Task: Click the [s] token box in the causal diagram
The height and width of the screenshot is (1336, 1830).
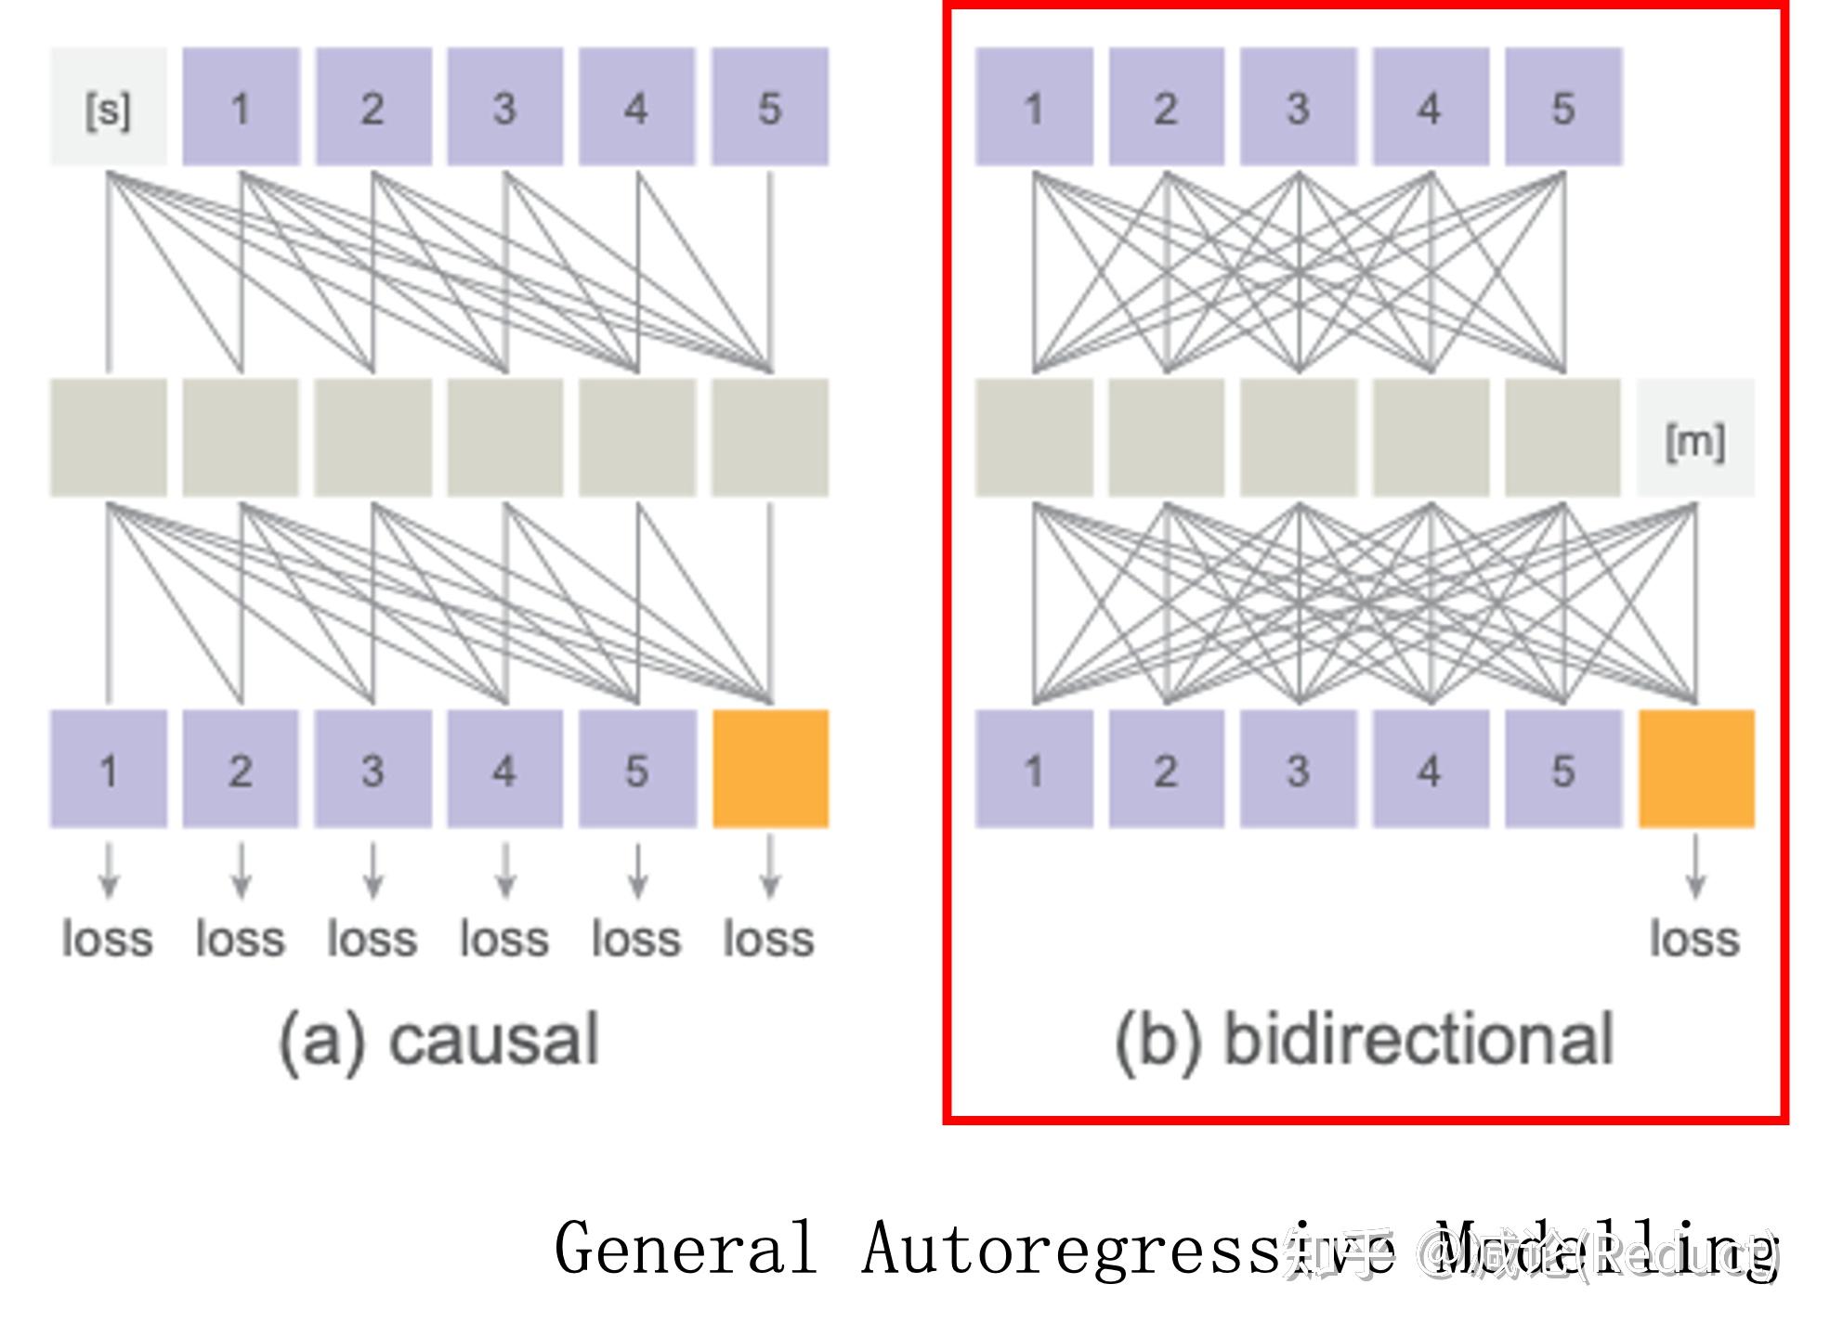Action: tap(109, 108)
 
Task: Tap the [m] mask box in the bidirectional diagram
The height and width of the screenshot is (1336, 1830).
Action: tap(1695, 438)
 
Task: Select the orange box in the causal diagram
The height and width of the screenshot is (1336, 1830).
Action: tap(770, 769)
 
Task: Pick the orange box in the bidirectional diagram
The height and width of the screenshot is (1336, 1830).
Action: tap(1695, 769)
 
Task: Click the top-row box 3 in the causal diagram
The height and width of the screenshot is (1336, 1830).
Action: tap(504, 108)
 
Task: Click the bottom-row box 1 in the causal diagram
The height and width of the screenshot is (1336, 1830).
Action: tap(109, 769)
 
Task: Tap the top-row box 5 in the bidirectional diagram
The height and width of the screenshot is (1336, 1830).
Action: tap(1563, 108)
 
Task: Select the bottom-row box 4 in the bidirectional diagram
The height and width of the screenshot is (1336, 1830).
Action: tap(1431, 769)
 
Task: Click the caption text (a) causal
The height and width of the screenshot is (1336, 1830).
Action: tap(439, 1040)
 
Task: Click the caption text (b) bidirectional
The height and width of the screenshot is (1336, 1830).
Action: tap(1364, 1040)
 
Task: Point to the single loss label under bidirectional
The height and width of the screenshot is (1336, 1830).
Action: tap(1694, 939)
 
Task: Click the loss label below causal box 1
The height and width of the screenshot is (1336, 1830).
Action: tap(108, 939)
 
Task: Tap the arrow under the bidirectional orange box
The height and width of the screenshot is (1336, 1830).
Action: tap(1695, 868)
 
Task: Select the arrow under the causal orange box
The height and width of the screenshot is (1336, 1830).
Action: tap(770, 868)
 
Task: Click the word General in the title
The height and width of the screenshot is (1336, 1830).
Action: tap(686, 1249)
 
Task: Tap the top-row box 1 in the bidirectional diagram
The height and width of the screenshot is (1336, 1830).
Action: tap(1034, 108)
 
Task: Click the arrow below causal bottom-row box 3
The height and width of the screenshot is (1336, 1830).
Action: tap(373, 871)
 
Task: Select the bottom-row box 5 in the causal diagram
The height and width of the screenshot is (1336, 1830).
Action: tap(637, 769)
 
